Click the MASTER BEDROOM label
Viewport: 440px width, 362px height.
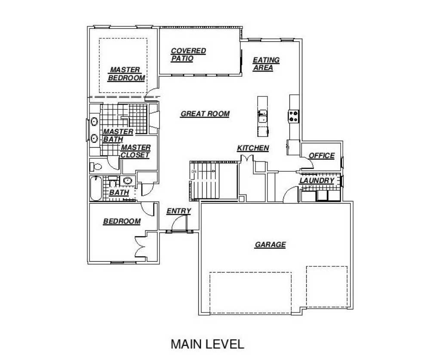[x=126, y=74]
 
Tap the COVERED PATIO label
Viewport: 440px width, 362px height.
[x=188, y=55]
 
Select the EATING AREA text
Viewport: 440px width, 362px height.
[x=266, y=64]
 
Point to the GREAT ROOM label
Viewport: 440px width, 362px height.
[x=205, y=114]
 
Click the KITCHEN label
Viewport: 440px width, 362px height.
[x=253, y=148]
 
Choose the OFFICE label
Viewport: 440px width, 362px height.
[x=322, y=155]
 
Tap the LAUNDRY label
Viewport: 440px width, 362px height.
[x=317, y=181]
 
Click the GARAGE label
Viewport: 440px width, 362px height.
[x=270, y=244]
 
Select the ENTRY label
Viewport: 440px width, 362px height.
[x=179, y=211]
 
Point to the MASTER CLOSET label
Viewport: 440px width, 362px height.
[x=135, y=152]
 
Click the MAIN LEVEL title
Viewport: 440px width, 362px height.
[x=207, y=344]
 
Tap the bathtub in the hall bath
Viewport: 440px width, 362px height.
[x=96, y=188]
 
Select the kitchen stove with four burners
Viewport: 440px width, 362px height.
[x=293, y=116]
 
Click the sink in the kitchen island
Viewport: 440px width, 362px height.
[x=263, y=116]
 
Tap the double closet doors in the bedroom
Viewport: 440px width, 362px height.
[x=140, y=246]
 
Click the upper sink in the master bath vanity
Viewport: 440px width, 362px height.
[x=94, y=122]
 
